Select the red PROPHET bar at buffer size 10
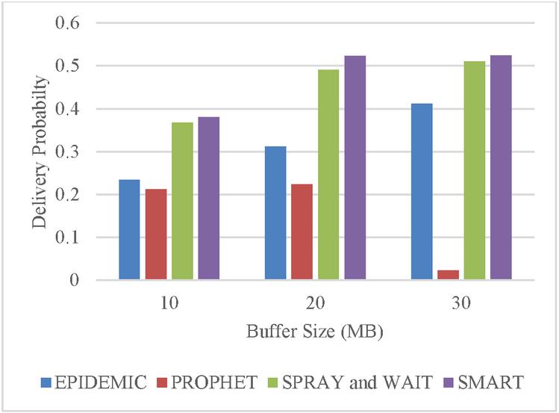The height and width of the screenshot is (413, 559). click(156, 235)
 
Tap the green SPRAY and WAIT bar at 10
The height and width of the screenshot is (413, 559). click(182, 202)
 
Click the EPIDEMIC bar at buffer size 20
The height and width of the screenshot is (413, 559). click(275, 214)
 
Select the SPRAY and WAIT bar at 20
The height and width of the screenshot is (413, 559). click(328, 175)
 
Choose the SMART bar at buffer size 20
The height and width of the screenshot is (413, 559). click(355, 168)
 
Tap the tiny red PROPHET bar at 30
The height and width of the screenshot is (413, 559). click(448, 276)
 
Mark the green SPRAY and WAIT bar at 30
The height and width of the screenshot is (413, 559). click(475, 171)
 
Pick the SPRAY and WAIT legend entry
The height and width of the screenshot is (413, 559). click(342, 384)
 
